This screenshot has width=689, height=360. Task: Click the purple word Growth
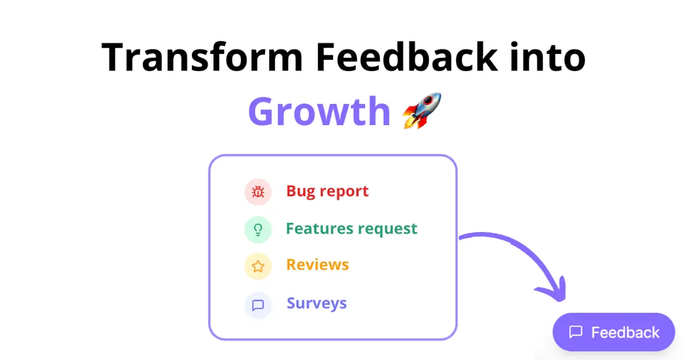(x=319, y=111)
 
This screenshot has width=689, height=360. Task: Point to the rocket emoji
(x=422, y=110)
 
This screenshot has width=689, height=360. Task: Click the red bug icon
(x=258, y=192)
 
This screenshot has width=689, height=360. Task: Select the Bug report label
(x=327, y=191)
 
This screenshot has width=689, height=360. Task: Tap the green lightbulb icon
(x=258, y=230)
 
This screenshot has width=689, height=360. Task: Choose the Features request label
(x=351, y=229)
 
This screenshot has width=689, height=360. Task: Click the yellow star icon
(x=258, y=266)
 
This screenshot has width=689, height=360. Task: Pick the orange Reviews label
(x=318, y=265)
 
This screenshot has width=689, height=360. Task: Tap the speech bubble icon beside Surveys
(x=258, y=305)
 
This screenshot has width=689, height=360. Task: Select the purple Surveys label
(x=316, y=303)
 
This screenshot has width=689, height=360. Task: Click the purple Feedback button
(x=614, y=332)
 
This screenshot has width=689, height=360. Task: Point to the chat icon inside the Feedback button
(x=575, y=332)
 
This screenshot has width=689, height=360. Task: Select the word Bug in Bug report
(x=300, y=191)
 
